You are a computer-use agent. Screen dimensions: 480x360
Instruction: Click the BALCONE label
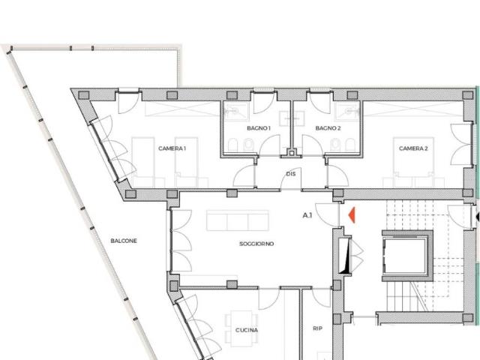point(124,241)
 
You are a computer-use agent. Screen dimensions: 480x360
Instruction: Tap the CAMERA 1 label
point(172,148)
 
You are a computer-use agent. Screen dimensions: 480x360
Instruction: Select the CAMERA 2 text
point(413,148)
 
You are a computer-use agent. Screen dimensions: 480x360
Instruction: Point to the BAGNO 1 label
point(259,128)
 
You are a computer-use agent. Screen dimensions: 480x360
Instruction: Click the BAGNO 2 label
point(328,128)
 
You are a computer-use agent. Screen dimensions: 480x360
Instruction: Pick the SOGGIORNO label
point(256,244)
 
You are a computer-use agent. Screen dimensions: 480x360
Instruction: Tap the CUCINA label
point(247,330)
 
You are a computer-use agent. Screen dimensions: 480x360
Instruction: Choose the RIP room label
point(317,328)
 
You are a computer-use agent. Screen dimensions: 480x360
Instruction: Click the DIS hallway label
point(291,174)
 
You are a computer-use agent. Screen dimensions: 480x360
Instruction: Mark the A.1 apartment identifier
point(307,215)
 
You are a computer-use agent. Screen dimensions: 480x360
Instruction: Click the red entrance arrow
point(352,215)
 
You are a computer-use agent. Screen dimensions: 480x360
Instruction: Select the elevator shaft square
point(407,256)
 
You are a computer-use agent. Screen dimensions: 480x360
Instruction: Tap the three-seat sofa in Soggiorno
point(238,220)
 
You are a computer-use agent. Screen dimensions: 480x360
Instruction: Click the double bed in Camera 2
point(413,162)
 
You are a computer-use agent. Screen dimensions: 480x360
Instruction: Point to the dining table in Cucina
point(241,328)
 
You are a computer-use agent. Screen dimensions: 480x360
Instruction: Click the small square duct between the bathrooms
point(292,153)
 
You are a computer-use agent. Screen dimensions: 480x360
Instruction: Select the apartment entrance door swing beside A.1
point(327,214)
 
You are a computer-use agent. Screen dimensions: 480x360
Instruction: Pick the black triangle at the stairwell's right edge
point(477,217)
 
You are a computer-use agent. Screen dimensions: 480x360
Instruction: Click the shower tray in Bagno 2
point(348,112)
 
